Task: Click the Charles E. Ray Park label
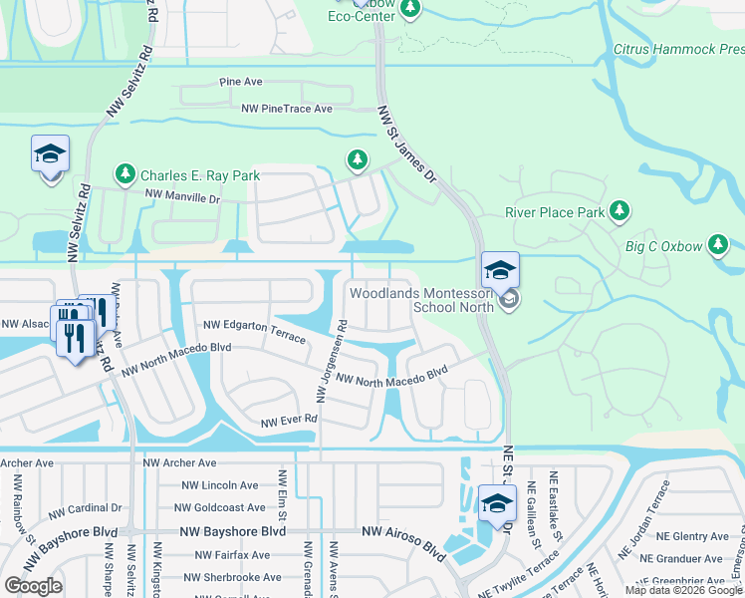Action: point(199,175)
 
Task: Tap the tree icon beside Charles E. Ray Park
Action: point(124,175)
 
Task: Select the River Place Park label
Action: point(555,212)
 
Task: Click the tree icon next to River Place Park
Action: point(620,210)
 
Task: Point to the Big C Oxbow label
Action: point(662,245)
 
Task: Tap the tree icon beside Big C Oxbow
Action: point(717,245)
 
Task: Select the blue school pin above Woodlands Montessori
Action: point(500,269)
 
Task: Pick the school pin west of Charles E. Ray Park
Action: point(50,155)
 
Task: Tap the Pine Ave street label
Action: point(241,81)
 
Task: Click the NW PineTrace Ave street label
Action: point(286,108)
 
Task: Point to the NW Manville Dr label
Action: point(181,197)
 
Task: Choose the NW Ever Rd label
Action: point(288,420)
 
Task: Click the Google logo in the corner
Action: point(34,585)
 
